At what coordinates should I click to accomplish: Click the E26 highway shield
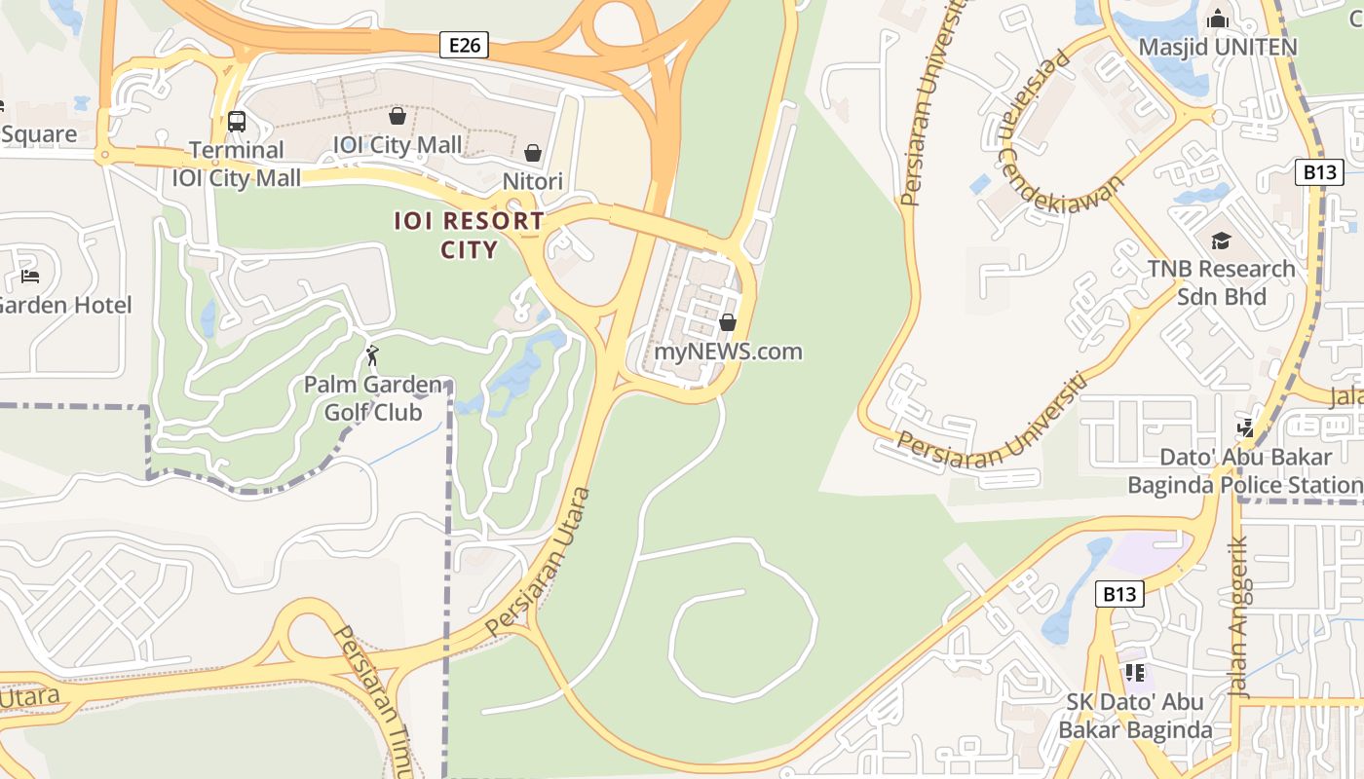[463, 45]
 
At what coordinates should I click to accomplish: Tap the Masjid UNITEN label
[1218, 47]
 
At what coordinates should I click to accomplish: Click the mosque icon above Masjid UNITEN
[1218, 19]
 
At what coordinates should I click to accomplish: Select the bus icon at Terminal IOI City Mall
[237, 122]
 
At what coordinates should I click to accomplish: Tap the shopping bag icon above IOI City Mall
[398, 117]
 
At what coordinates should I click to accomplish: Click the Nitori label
[533, 181]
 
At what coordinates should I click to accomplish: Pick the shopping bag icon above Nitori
[533, 153]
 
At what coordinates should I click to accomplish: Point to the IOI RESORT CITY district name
[469, 235]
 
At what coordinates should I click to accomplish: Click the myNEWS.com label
[728, 351]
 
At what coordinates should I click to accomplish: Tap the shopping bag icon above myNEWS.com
[728, 322]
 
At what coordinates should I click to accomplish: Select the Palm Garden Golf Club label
[373, 398]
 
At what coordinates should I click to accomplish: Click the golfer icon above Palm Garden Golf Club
[371, 355]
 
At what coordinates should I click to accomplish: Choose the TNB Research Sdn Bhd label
[1221, 282]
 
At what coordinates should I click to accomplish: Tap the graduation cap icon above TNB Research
[1221, 241]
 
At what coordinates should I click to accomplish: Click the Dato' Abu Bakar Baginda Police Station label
[1245, 470]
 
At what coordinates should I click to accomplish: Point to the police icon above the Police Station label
[1246, 427]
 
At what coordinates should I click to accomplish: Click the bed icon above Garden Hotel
[30, 277]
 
